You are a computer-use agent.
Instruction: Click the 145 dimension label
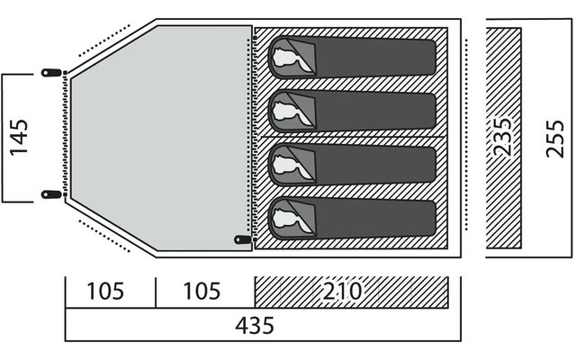pos(18,138)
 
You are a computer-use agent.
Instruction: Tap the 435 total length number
pos(255,326)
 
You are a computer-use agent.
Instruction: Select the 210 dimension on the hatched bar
pos(342,292)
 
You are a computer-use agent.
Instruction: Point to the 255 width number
pos(554,139)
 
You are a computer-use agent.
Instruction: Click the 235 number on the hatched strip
pos(503,137)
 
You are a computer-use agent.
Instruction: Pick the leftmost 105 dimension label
pos(105,292)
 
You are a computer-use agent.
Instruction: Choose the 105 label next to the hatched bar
pos(202,292)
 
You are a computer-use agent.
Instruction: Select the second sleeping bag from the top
pos(352,111)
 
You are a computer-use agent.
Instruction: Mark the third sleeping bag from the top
pos(352,165)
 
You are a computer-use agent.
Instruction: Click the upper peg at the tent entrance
pos(51,72)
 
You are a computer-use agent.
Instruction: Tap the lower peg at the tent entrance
pos(51,194)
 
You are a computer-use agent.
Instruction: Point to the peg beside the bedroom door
pos(243,239)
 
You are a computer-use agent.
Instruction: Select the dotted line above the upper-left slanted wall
pos(104,40)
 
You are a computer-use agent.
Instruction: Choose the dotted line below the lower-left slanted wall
pos(104,236)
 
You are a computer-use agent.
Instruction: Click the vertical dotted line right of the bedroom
pos(466,134)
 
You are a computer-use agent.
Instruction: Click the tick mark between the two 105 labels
pos(156,292)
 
